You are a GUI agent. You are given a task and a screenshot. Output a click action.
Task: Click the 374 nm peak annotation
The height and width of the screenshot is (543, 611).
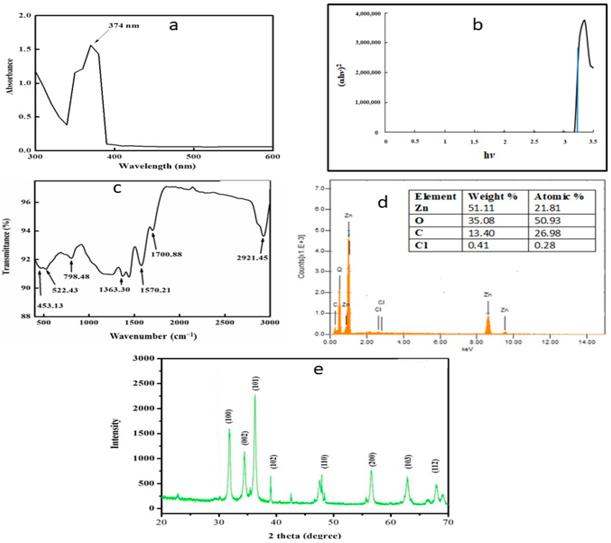(x=124, y=26)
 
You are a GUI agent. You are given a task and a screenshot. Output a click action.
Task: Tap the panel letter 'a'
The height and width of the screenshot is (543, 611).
(x=173, y=26)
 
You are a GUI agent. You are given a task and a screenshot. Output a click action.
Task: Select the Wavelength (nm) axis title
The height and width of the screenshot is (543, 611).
(x=157, y=166)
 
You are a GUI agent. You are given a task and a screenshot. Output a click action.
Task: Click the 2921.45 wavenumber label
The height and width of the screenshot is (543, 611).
(x=253, y=258)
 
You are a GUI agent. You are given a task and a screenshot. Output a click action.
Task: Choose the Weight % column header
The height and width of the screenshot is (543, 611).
(x=493, y=197)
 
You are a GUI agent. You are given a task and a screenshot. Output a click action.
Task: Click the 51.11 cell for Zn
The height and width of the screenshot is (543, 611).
(x=481, y=208)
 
